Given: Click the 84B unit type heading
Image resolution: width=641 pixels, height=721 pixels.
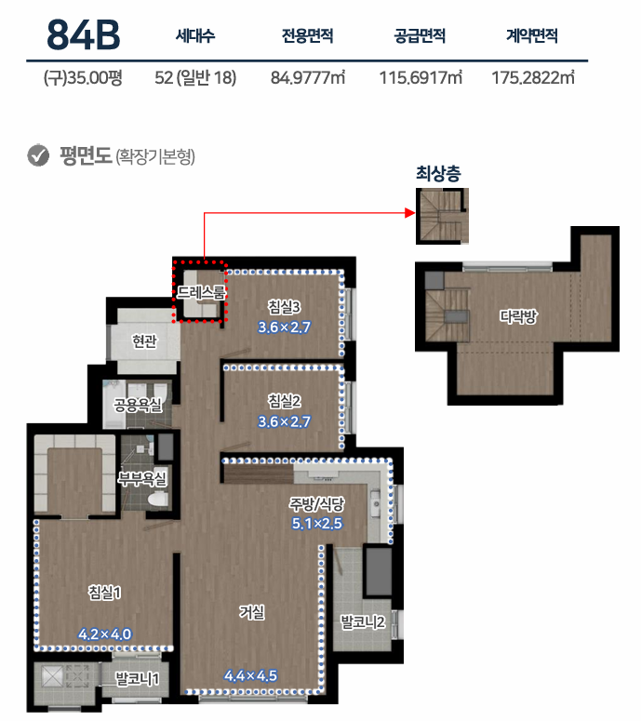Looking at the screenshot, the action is point(83,34).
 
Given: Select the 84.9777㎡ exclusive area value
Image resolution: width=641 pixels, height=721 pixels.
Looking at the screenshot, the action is point(308,78).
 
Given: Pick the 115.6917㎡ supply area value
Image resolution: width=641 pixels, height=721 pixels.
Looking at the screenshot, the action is point(421,78).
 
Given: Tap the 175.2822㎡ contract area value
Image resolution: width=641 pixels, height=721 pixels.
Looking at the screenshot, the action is point(533,78).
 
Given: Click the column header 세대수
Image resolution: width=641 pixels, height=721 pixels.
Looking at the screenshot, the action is point(195,35).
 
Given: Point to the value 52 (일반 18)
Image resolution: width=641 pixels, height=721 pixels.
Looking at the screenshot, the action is point(195,78).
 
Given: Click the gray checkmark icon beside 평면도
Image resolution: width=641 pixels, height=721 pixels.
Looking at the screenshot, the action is point(38,155).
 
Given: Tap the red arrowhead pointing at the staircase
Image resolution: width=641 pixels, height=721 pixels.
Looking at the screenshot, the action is point(409,212).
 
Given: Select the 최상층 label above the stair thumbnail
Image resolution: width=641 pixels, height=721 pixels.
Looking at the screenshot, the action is point(438,173).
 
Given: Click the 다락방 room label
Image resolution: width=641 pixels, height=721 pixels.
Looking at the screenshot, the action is point(518,316).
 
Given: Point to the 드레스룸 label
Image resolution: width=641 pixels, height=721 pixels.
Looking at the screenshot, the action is point(201,292).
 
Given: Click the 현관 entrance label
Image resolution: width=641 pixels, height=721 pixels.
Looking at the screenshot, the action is point(144,341).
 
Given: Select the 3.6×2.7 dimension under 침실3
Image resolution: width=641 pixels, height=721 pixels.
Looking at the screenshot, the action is point(284,327).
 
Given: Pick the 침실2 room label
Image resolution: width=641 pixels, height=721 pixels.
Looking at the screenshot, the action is point(285,401).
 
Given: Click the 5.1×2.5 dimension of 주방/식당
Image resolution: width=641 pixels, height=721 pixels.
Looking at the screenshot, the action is point(317,523).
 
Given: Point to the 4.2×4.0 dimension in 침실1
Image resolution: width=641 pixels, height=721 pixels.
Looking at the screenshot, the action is point(105,634).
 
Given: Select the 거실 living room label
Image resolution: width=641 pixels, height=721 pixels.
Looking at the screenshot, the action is point(252,612).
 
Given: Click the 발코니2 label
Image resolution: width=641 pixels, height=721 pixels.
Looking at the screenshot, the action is point(362,622).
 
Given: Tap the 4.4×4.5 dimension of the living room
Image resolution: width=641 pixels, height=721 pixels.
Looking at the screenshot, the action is point(250,675).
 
